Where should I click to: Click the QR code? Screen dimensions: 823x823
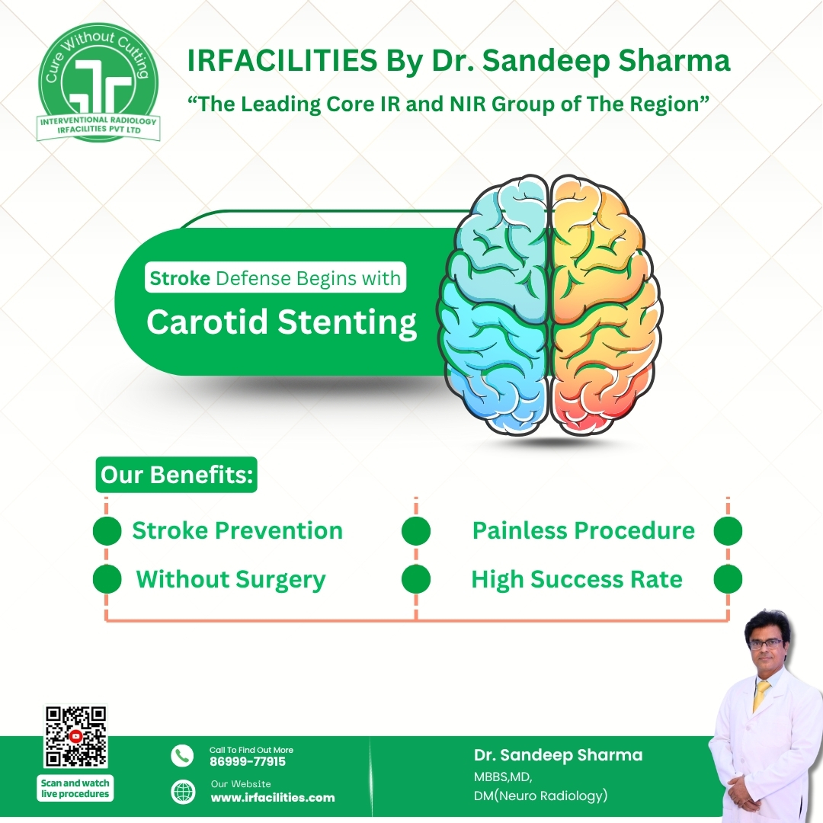tap(75, 736)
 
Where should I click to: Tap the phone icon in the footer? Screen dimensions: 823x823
tap(182, 755)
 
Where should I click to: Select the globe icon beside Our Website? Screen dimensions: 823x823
tap(182, 791)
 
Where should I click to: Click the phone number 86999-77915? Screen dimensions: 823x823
tap(248, 761)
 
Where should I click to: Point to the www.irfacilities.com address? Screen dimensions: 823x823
tap(272, 797)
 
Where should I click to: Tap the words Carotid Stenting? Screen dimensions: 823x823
tap(281, 322)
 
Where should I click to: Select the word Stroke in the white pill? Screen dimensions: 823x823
tap(180, 278)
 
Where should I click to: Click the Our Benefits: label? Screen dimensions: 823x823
tap(177, 475)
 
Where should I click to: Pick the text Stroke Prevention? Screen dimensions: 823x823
tap(237, 530)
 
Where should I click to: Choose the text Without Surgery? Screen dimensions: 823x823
tap(230, 580)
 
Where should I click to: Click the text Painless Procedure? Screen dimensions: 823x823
tap(583, 530)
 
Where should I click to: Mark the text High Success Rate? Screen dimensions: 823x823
tap(576, 580)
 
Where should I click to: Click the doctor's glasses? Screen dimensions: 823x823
tap(764, 643)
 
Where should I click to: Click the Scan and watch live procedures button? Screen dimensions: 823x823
tap(75, 788)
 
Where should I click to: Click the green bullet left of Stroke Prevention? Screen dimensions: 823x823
tap(107, 531)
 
